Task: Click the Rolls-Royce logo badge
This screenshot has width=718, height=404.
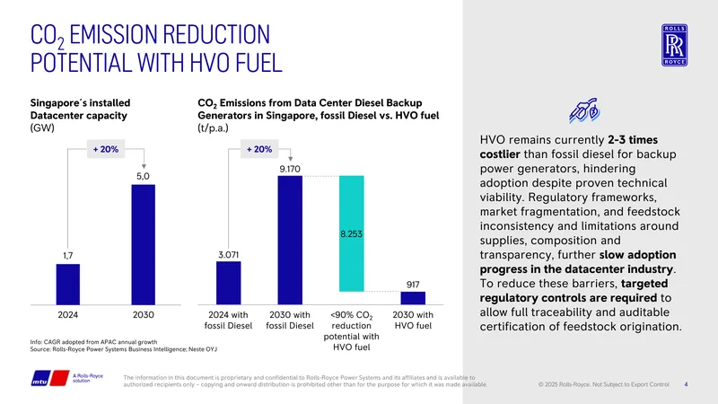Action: click(x=674, y=46)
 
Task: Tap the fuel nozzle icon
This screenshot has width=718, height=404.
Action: click(x=584, y=110)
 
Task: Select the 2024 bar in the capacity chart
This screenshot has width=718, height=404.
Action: click(x=68, y=285)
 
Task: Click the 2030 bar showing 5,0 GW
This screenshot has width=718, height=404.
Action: click(x=144, y=244)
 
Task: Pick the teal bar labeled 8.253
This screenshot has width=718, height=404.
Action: click(x=352, y=233)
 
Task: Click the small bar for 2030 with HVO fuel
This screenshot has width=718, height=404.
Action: click(x=413, y=298)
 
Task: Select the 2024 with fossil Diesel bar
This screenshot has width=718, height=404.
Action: click(x=229, y=283)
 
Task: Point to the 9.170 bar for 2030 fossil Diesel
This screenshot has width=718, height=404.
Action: click(x=290, y=240)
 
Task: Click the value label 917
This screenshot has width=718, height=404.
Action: click(x=413, y=285)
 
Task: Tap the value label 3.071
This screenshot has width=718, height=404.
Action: click(x=229, y=255)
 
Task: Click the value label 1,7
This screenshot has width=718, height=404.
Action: click(x=68, y=256)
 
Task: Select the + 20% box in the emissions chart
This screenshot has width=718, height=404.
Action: click(x=259, y=149)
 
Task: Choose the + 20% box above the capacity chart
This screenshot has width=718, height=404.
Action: click(x=106, y=149)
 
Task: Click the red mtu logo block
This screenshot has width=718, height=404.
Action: click(x=59, y=378)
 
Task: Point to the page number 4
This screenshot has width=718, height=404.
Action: click(x=686, y=384)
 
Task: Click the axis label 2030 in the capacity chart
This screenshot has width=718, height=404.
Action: click(x=144, y=315)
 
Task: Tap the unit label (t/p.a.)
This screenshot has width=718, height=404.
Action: click(x=213, y=128)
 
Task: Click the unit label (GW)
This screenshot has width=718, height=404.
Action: click(x=42, y=127)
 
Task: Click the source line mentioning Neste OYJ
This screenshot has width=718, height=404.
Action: click(x=124, y=349)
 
